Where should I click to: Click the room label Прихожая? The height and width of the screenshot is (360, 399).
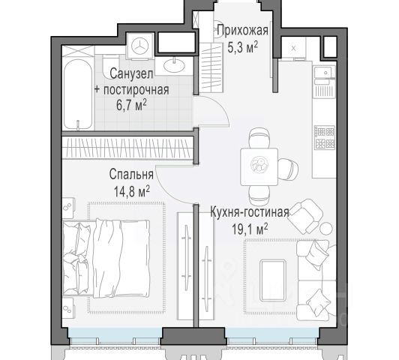242,31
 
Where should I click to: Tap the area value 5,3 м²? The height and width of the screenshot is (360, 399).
242,47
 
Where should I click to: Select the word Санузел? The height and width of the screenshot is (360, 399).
131,73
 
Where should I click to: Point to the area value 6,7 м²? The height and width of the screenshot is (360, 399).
131,105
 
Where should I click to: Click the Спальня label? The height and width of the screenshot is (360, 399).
131,175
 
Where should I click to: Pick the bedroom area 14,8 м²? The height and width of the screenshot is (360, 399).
131,191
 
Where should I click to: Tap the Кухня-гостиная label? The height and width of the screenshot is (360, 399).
250,212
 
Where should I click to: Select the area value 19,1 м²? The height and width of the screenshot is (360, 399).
250,229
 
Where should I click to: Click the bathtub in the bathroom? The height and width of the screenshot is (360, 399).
78,94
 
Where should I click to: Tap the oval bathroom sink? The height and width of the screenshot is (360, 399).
174,66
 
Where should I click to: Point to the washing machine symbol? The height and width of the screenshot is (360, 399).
140,46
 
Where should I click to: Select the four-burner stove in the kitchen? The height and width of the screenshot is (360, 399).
325,138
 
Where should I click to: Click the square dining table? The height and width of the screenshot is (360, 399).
259,166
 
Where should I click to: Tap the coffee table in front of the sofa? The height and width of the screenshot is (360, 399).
272,280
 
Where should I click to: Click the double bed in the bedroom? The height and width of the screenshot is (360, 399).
106,258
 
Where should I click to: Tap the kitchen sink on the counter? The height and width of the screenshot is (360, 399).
324,72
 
